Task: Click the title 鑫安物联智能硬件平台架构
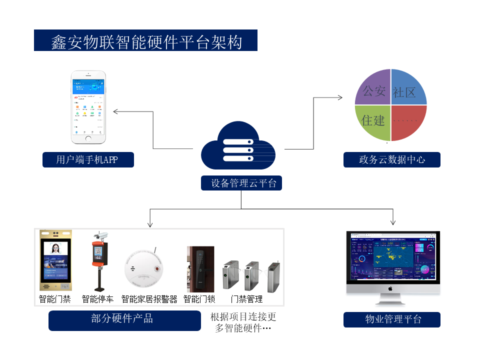(x=145, y=40)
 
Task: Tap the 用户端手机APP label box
(x=88, y=160)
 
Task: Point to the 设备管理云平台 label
(x=241, y=183)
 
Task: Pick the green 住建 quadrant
(x=373, y=121)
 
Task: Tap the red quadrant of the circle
(x=407, y=121)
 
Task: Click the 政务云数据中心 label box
(x=391, y=160)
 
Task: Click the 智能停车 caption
(x=97, y=299)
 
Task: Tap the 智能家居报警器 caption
(x=149, y=299)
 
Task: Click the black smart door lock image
(x=200, y=269)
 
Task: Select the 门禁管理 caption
(x=246, y=299)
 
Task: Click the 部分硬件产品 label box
(x=124, y=319)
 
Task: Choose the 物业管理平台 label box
(x=391, y=319)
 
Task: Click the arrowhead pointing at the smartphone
(x=115, y=111)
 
